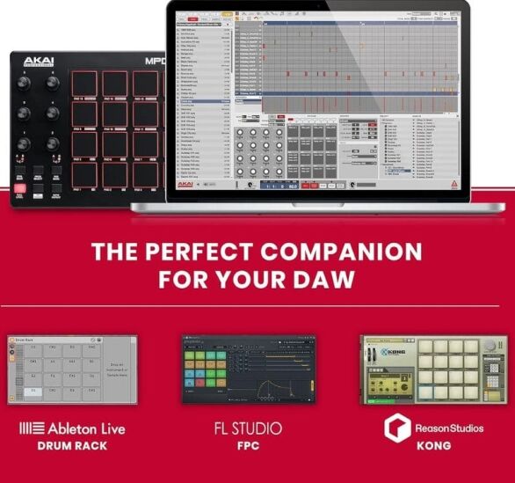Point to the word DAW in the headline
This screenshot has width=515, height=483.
pos(325,281)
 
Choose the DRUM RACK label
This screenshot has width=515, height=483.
pos(71,446)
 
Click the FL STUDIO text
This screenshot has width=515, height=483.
pos(249,428)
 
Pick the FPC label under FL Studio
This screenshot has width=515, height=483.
pos(249,446)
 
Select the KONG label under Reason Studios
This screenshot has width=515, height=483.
pos(434,446)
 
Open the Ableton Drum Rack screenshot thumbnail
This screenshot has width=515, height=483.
pos(71,370)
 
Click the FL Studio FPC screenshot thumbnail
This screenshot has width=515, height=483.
pos(249,370)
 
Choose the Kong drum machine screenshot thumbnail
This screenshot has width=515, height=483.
pos(433,370)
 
